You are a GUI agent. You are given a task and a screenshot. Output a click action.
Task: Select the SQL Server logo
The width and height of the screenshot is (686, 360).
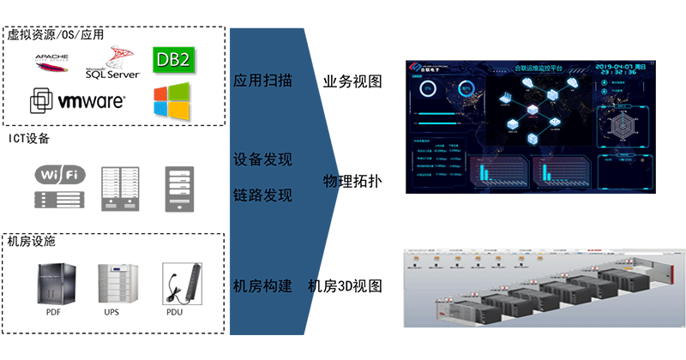point(111,64)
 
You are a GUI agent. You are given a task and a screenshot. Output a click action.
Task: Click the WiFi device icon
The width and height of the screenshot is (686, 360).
point(60,185)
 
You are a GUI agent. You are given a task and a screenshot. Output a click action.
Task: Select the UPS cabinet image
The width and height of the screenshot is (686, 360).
point(115,284)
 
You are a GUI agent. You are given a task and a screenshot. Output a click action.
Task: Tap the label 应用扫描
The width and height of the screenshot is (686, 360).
point(262,81)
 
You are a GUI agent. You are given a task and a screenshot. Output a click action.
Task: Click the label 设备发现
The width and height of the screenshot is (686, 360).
point(262,160)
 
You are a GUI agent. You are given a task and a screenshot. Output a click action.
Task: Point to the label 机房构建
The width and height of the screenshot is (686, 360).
point(262,285)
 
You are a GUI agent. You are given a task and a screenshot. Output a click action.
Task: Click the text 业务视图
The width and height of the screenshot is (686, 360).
point(352,81)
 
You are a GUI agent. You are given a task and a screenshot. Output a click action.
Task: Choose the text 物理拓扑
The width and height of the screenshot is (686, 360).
point(352,182)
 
